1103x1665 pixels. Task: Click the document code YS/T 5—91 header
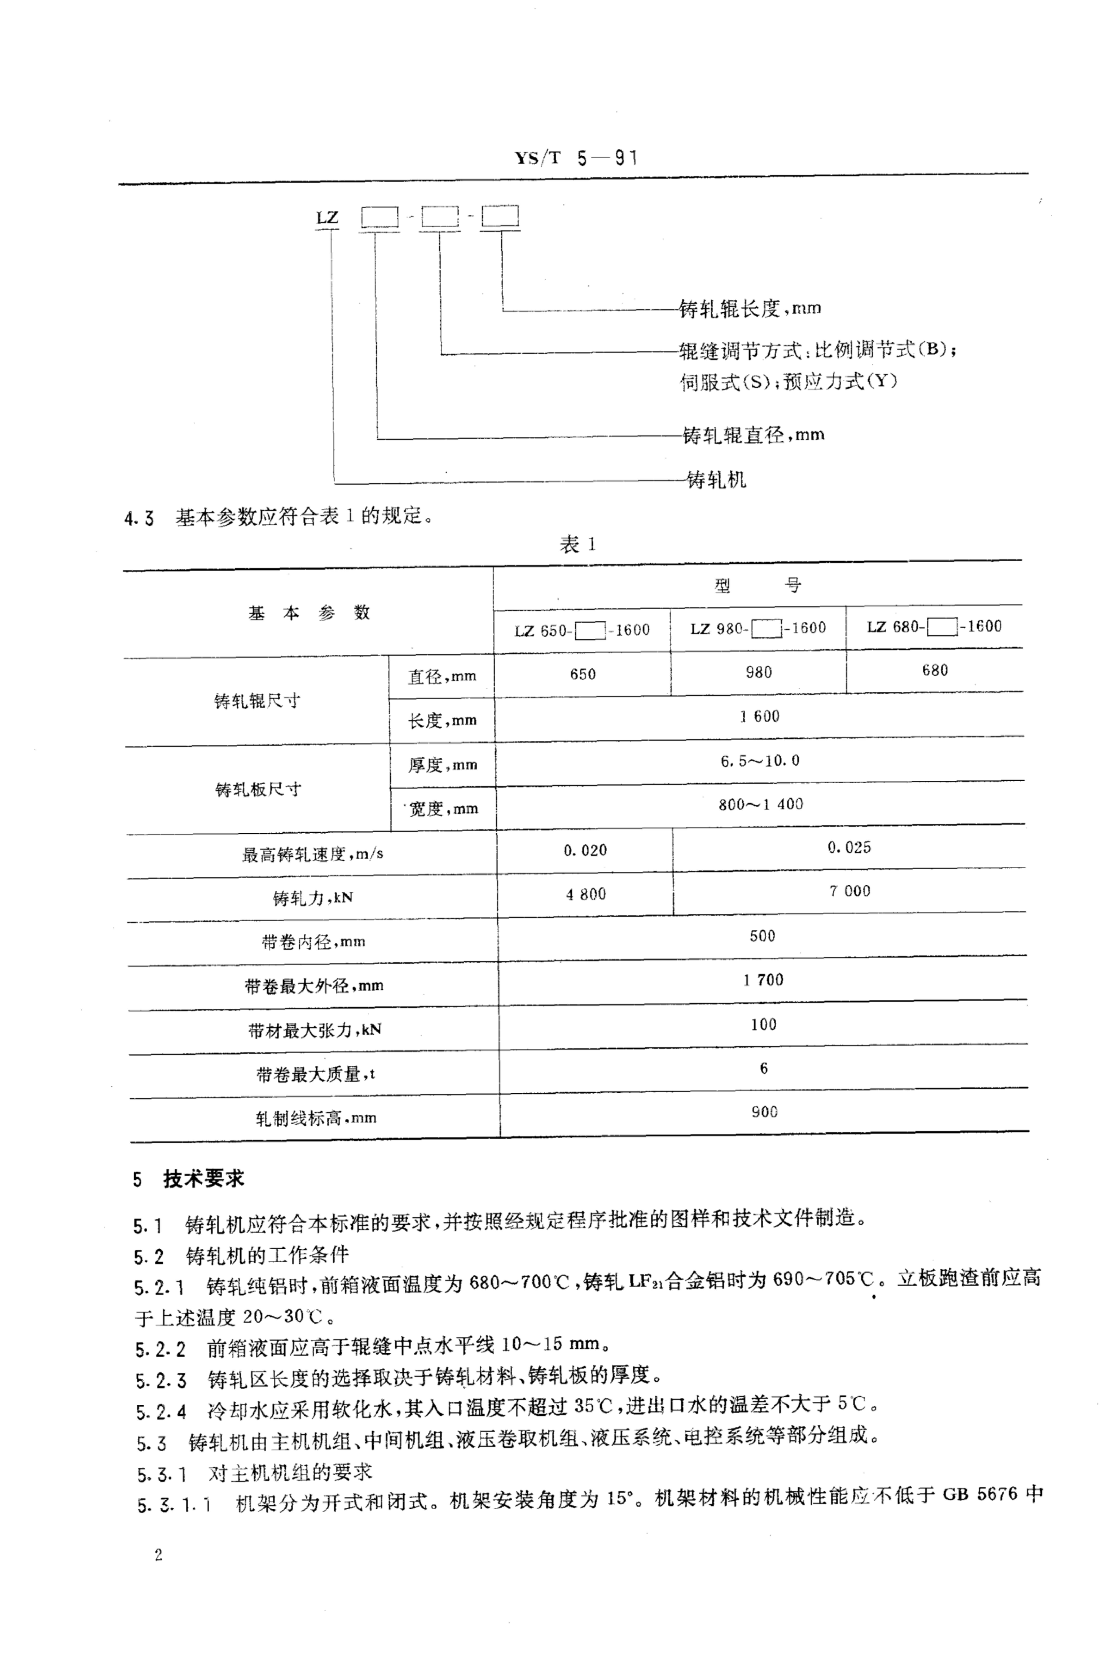pyautogui.click(x=575, y=158)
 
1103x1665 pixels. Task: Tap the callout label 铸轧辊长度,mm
pyautogui.click(x=750, y=308)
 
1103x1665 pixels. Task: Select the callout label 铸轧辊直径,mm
pyautogui.click(x=753, y=436)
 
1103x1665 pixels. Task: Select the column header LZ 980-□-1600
pyautogui.click(x=758, y=628)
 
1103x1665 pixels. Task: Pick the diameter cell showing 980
pyautogui.click(x=758, y=672)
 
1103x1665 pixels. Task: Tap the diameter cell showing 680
pyautogui.click(x=935, y=670)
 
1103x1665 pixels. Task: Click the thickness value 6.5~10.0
pyautogui.click(x=760, y=761)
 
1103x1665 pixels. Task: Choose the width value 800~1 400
pyautogui.click(x=760, y=804)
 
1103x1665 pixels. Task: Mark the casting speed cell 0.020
pyautogui.click(x=585, y=850)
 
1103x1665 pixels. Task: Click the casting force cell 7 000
pyautogui.click(x=849, y=891)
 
